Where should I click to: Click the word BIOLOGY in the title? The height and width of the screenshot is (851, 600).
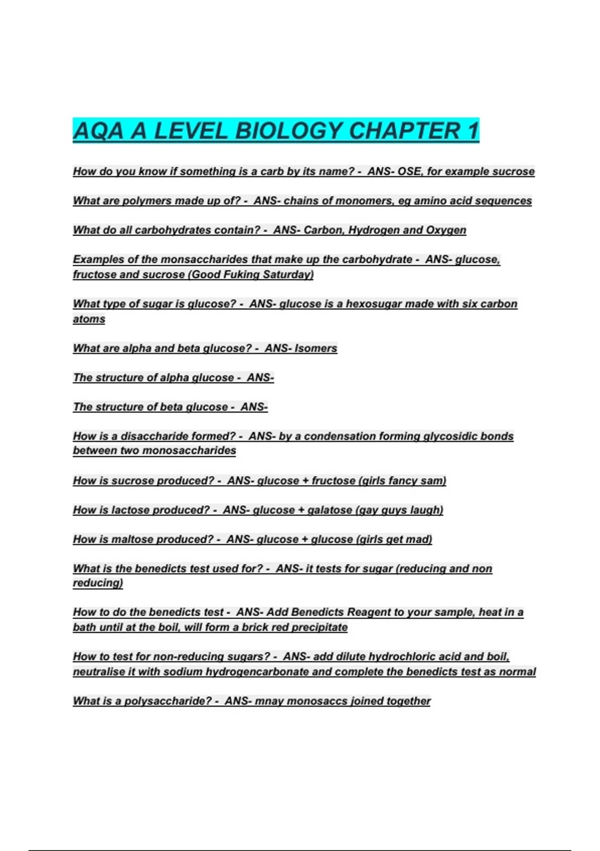tap(288, 131)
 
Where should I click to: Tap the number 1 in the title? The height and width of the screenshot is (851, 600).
tap(473, 131)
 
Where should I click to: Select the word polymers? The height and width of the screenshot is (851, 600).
tap(143, 201)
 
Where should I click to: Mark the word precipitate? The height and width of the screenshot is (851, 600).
tap(319, 627)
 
